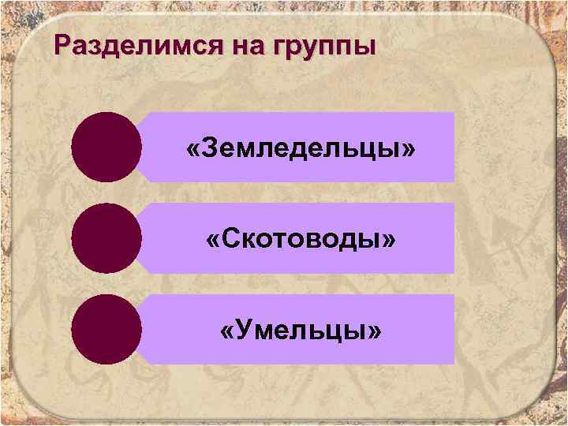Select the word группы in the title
point(323,47)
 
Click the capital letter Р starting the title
point(65,45)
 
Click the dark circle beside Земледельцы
point(106,148)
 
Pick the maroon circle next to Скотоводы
point(106,239)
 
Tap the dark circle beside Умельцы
point(106,330)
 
